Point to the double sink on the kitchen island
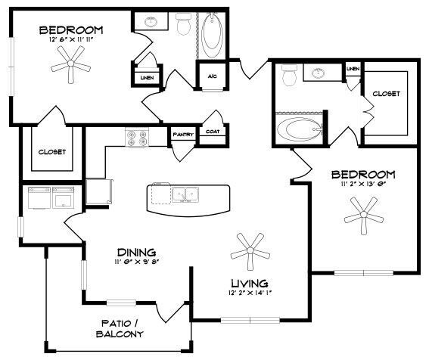184,196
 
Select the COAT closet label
213,132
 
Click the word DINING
137,252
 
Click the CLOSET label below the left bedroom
51,151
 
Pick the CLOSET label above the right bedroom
386,94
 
